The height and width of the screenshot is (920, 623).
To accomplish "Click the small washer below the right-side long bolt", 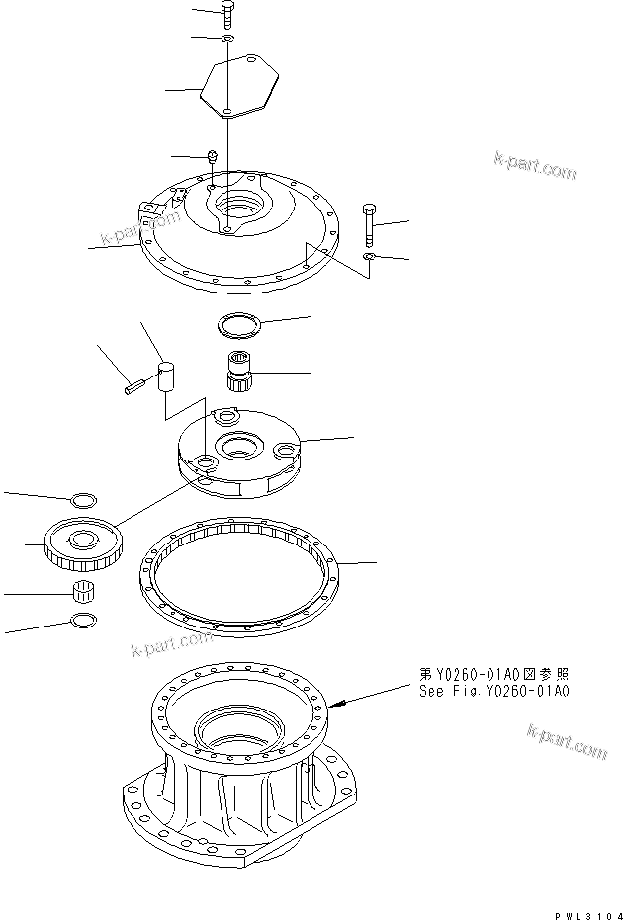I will [x=368, y=257].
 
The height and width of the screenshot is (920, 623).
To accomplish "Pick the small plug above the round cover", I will [x=212, y=156].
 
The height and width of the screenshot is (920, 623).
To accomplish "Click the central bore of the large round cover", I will [x=238, y=208].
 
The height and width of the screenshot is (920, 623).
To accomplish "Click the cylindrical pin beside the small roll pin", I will [x=165, y=377].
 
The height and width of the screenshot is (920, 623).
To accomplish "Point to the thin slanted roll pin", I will [x=134, y=387].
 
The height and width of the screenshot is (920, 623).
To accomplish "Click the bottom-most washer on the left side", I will [x=84, y=621].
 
